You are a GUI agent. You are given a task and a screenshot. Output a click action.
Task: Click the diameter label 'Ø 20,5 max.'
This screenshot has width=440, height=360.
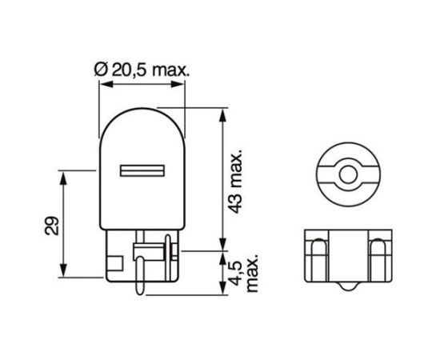click(142, 70)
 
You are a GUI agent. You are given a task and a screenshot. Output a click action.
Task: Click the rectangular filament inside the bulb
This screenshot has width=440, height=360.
click(142, 171)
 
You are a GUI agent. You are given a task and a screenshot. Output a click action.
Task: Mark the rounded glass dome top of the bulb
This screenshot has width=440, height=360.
click(142, 120)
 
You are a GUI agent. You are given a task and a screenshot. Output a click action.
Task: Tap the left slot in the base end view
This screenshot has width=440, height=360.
click(318, 256)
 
